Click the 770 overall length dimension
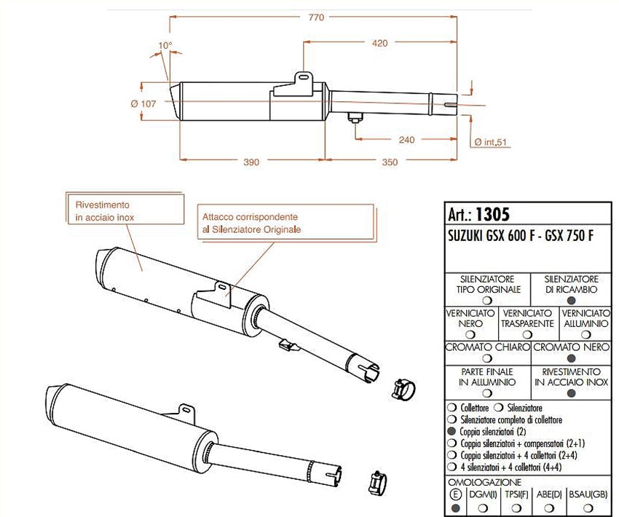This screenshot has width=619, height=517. [x=316, y=17]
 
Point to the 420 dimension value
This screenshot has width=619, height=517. [x=379, y=43]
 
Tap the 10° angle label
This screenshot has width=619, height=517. [x=165, y=45]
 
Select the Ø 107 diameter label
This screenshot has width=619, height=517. [x=143, y=104]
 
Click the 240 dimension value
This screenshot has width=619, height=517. [x=406, y=139]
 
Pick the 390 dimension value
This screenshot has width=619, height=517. [x=251, y=162]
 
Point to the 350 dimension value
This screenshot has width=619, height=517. [x=390, y=162]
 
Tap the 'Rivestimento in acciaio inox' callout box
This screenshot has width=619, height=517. [x=125, y=209]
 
